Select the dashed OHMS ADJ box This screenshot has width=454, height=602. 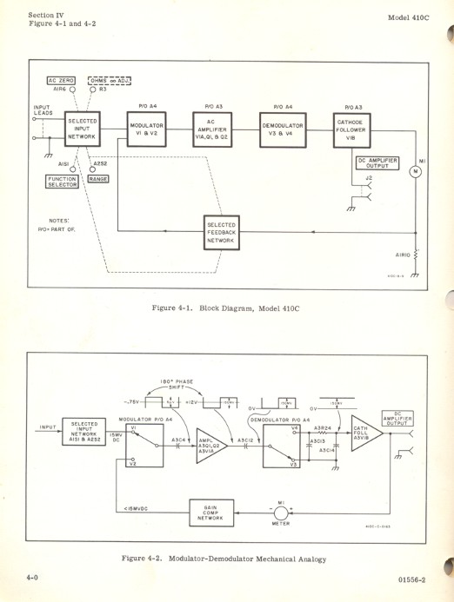tap(106, 79)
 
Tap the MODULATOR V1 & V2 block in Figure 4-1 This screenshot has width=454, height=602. tap(147, 130)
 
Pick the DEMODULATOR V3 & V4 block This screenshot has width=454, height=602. tap(287, 130)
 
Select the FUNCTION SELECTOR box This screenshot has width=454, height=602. tap(63, 182)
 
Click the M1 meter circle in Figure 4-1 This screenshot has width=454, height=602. tap(414, 170)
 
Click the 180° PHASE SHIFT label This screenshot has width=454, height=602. tap(180, 382)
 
